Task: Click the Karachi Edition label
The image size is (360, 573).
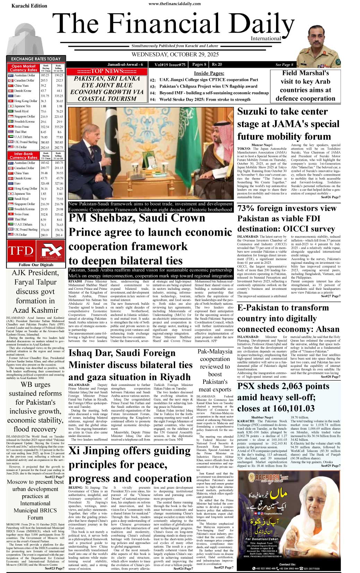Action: [29, 6]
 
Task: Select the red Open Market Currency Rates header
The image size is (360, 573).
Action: [24, 68]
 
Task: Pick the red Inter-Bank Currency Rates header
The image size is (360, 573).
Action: [24, 155]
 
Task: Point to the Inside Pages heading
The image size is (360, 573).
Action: [209, 73]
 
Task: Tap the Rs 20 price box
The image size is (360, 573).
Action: [217, 65]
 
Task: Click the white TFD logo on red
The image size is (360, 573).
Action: [20, 251]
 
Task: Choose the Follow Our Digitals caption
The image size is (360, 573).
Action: [36, 265]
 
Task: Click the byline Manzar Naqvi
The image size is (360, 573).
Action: [262, 145]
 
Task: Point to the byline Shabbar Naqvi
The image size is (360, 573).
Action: [262, 417]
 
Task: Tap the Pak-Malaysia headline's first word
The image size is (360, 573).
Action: [215, 352]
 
